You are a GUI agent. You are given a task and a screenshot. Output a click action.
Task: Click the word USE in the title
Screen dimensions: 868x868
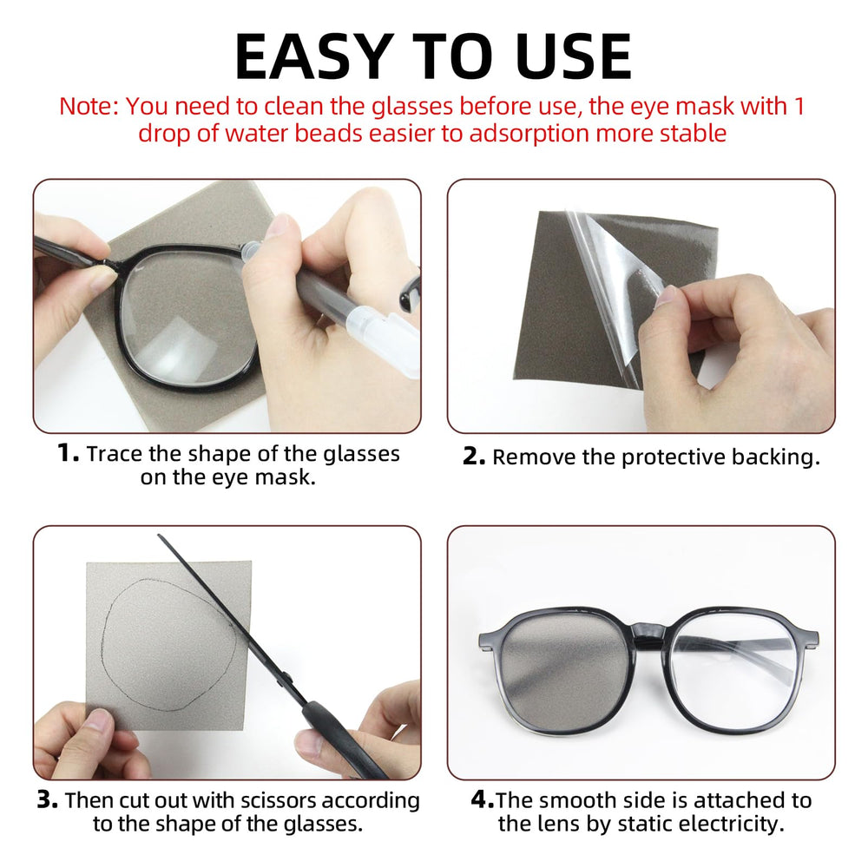tap(569, 57)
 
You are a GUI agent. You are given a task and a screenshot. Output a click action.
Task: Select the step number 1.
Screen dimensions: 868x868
tap(67, 453)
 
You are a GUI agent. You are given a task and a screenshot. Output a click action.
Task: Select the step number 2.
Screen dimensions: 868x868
tap(473, 457)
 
